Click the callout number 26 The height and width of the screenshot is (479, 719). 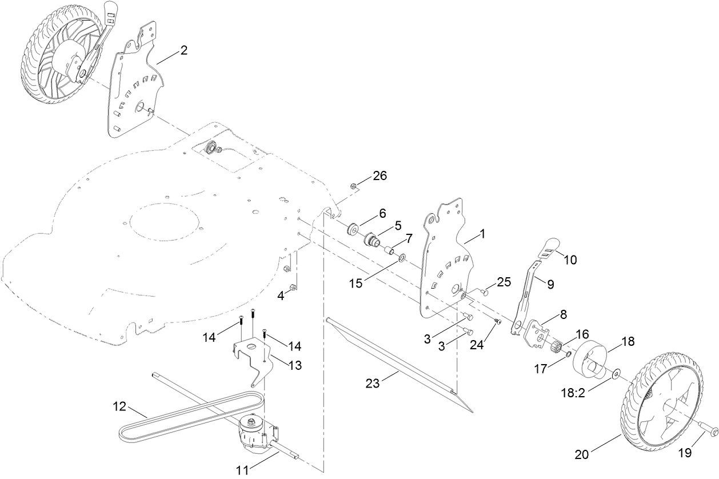[380, 175]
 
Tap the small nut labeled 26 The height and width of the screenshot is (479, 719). [354, 186]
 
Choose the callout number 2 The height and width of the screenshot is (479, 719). [183, 50]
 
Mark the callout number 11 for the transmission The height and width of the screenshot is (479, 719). [242, 470]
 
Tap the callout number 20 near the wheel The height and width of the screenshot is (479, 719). [582, 454]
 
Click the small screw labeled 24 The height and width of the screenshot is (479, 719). [497, 323]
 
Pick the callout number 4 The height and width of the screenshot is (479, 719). [281, 296]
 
